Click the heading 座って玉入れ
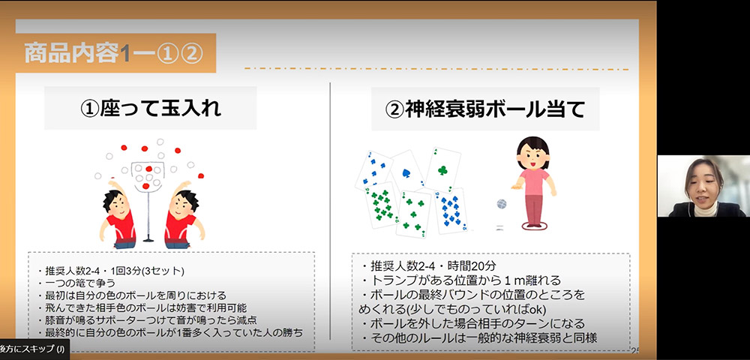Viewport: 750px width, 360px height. (x=150, y=109)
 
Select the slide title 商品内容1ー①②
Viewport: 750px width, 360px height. (x=114, y=53)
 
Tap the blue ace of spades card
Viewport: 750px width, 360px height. (x=407, y=171)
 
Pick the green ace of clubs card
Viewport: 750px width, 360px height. (x=443, y=169)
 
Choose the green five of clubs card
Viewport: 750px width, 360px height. (x=413, y=214)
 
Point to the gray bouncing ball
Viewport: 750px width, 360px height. (x=502, y=204)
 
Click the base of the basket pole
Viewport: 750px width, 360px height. (x=148, y=238)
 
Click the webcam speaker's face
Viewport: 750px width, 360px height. (x=703, y=183)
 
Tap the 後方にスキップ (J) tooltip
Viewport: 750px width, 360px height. (x=34, y=349)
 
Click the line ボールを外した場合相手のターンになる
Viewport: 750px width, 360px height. (x=473, y=323)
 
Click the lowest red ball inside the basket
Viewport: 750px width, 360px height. (x=146, y=186)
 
